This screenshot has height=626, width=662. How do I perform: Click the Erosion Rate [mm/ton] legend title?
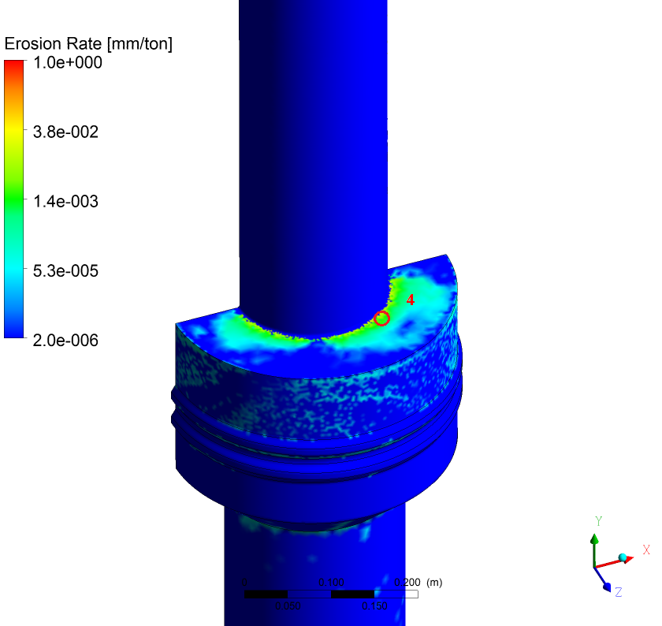pyautogui.click(x=88, y=44)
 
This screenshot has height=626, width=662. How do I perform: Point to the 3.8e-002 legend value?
pyautogui.click(x=66, y=132)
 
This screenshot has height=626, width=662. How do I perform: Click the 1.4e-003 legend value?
pyautogui.click(x=66, y=201)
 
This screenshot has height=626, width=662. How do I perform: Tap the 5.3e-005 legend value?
pyautogui.click(x=66, y=270)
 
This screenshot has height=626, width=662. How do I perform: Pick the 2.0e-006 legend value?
pyautogui.click(x=66, y=340)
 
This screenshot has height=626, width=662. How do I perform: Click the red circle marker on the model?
pyautogui.click(x=381, y=318)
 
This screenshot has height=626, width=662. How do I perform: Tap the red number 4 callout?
pyautogui.click(x=410, y=300)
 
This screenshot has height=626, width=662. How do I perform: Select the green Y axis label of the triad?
pyautogui.click(x=599, y=521)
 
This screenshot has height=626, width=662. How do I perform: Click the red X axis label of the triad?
pyautogui.click(x=645, y=550)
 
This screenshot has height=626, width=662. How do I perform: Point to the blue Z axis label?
pyautogui.click(x=619, y=591)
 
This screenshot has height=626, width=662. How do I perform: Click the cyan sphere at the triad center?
pyautogui.click(x=624, y=558)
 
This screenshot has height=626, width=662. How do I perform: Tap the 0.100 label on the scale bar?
pyautogui.click(x=331, y=583)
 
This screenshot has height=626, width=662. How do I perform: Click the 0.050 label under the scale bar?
pyautogui.click(x=287, y=606)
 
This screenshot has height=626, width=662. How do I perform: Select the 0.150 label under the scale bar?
pyautogui.click(x=374, y=606)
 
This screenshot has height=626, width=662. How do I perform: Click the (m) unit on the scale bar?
pyautogui.click(x=433, y=583)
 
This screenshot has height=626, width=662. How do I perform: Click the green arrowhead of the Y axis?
pyautogui.click(x=595, y=539)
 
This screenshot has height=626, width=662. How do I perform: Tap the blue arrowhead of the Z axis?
pyautogui.click(x=605, y=587)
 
